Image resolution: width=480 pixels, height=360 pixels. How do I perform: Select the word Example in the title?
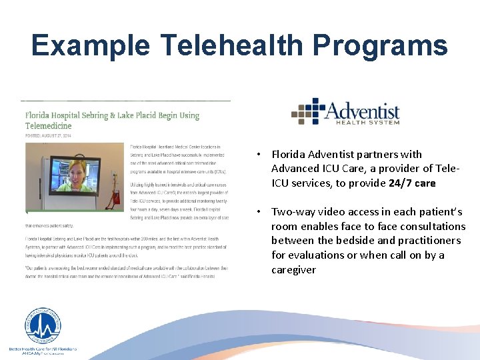pyautogui.click(x=89, y=45)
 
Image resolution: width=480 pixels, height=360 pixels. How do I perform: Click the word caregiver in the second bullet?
pyautogui.click(x=294, y=270)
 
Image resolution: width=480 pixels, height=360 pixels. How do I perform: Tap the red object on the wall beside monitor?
pyautogui.click(x=117, y=197)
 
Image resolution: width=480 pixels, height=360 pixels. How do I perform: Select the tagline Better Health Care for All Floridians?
pyautogui.click(x=43, y=349)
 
